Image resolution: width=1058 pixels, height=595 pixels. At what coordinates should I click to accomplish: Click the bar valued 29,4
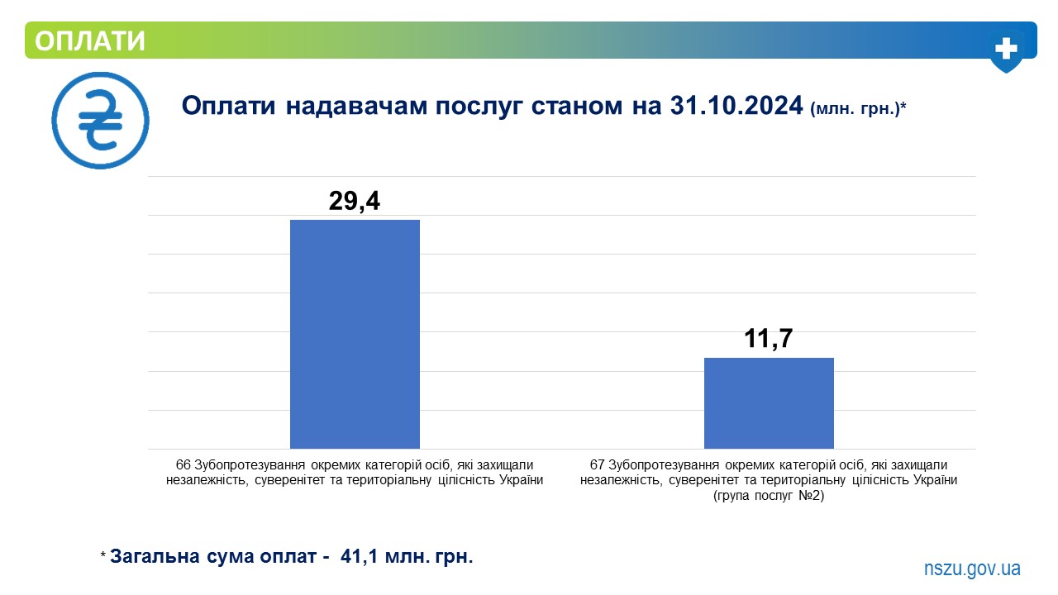click(355, 335)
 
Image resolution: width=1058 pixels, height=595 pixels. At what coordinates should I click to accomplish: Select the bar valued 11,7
click(769, 403)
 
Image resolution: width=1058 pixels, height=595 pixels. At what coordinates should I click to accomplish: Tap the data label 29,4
click(355, 201)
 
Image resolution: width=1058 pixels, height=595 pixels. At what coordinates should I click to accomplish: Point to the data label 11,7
click(769, 339)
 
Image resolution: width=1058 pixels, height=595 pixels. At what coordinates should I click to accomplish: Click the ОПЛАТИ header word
click(90, 40)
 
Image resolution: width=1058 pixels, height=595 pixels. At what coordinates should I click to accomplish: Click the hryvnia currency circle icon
click(101, 121)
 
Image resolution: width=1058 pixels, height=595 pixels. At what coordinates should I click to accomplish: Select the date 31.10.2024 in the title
click(736, 105)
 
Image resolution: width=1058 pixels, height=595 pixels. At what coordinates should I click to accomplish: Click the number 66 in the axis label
click(183, 465)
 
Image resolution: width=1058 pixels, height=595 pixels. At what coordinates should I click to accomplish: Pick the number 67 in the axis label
click(597, 465)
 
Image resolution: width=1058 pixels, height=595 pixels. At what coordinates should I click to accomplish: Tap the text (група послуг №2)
click(769, 496)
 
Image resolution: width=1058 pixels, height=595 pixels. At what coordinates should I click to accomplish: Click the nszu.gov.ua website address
click(972, 569)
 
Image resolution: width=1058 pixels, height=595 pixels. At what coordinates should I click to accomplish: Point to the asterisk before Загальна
click(103, 554)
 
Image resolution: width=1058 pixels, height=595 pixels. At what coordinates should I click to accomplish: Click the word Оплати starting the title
click(229, 105)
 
